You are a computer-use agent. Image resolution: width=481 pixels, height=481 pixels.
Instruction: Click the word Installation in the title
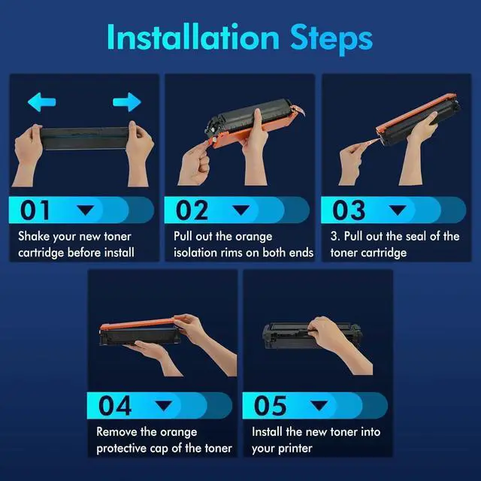[x=193, y=37]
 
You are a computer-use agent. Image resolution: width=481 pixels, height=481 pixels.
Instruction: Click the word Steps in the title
[x=331, y=40]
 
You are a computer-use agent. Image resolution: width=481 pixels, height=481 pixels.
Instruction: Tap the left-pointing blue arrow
[x=42, y=102]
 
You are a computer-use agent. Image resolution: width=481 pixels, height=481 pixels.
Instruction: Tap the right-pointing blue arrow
[x=127, y=102]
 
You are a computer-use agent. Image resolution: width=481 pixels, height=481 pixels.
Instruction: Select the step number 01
[x=35, y=210]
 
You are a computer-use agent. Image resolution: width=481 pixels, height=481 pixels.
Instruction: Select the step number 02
[x=192, y=210]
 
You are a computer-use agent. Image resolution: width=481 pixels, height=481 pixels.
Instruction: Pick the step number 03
[x=349, y=210]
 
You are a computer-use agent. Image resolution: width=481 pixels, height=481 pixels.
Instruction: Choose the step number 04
[x=115, y=406]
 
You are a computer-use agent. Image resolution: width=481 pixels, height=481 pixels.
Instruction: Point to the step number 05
[x=271, y=406]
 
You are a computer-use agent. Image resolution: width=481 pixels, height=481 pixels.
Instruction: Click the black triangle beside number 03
[x=398, y=210]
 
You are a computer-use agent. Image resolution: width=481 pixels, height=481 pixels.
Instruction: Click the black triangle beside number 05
[x=319, y=405]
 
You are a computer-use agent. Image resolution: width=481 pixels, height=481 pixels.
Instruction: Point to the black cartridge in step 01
[x=85, y=138]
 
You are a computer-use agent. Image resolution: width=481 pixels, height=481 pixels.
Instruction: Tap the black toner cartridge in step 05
[x=312, y=335]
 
